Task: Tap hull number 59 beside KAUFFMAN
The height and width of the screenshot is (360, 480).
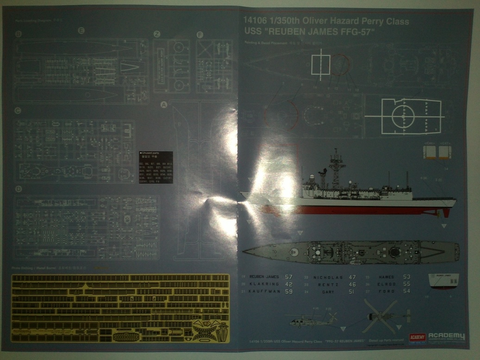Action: click(288, 292)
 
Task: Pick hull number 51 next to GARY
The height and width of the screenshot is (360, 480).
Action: click(352, 292)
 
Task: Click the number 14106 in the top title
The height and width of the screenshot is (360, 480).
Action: click(254, 21)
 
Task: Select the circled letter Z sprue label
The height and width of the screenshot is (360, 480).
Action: click(157, 34)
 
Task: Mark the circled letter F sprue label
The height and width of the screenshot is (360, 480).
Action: click(200, 34)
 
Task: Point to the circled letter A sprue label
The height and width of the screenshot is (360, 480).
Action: click(163, 105)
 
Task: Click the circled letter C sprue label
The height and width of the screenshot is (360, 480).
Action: click(18, 110)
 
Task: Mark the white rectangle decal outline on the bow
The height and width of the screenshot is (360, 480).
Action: click(320, 64)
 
